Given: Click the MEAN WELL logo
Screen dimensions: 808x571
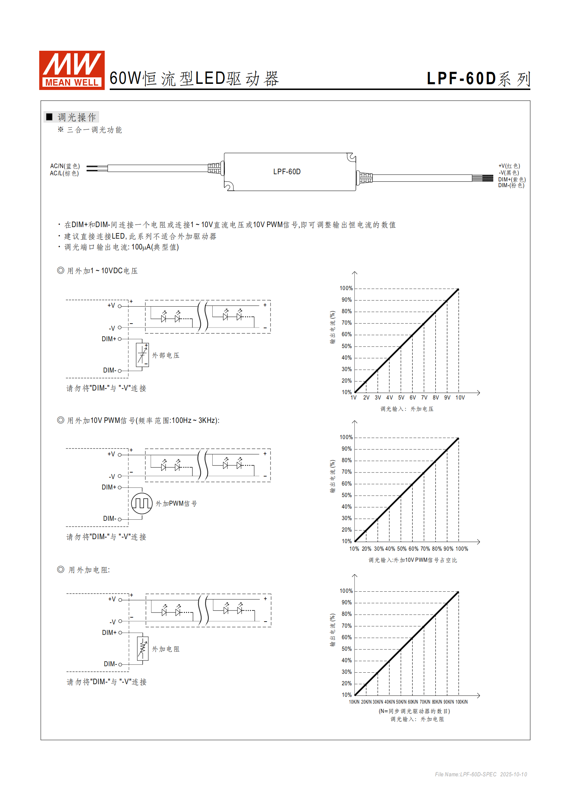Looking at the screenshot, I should coord(72,70).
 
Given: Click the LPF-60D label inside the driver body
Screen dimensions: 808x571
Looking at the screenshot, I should coord(287,172).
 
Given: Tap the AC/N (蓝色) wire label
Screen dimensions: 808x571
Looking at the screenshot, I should coord(65,166).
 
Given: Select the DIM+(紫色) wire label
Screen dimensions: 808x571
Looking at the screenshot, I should coord(512,179).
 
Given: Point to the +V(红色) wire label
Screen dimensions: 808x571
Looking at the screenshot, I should coord(509,166).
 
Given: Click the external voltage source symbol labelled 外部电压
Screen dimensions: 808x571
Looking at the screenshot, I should coord(142,355).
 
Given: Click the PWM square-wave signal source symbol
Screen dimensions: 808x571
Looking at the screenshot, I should coord(142,503).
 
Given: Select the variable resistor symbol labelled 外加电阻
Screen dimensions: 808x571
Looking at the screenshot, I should coord(142,649).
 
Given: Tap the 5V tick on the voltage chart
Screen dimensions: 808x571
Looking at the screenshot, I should coord(401,398).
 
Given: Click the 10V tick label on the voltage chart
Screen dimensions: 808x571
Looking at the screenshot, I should coord(460,398).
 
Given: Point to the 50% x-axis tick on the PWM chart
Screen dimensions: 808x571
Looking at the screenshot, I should coord(402,549).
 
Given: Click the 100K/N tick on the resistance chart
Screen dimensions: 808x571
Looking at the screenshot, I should coord(462,702).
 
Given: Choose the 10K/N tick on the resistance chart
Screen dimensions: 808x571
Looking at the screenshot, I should coord(354,702).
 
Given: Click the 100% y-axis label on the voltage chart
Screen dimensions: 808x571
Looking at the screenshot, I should coord(346,288).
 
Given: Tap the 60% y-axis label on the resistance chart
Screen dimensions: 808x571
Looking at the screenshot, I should coord(346,637).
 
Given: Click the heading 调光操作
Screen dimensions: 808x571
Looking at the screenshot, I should coord(77,117).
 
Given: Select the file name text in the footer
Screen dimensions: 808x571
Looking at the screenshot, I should coord(481,774).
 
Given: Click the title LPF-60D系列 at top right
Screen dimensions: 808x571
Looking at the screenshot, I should coord(478,79).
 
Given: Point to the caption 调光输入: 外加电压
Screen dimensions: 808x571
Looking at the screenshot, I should coord(407,409).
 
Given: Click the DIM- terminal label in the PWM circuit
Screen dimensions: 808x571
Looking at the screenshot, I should coord(109,519).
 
